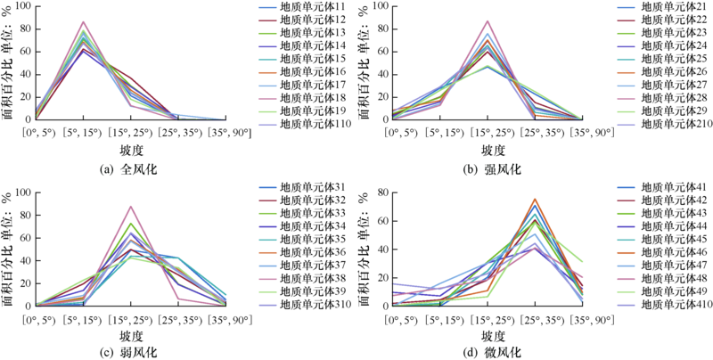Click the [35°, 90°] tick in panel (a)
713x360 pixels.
pos(226,133)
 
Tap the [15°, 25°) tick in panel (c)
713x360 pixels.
pos(131,318)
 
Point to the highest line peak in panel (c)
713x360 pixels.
pos(131,207)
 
